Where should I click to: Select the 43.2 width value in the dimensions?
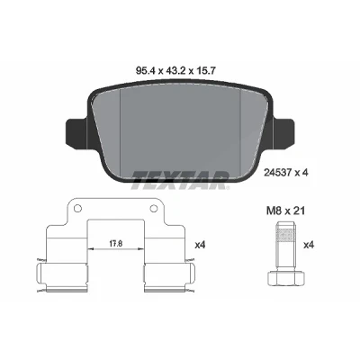175,70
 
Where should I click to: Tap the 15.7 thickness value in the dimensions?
206,70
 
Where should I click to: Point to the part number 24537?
277,173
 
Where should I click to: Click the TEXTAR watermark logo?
180,180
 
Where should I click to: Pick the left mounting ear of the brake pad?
76,132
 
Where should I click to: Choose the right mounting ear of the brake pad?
283,132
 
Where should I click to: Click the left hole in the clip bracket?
76,208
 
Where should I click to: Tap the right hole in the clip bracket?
153,208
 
